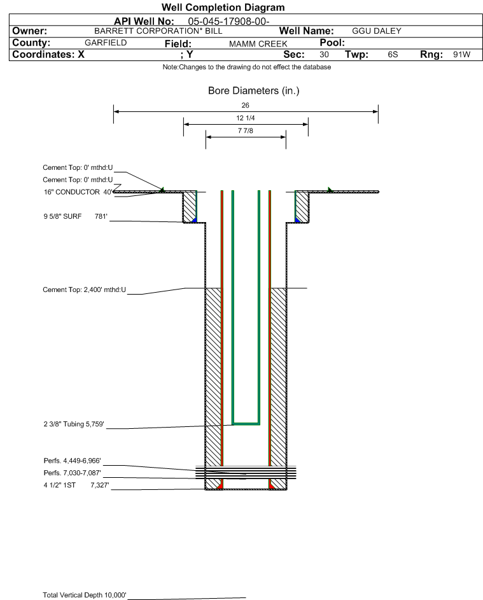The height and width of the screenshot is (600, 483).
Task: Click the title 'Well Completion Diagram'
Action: click(223, 7)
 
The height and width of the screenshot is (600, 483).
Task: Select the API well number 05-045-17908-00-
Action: click(228, 22)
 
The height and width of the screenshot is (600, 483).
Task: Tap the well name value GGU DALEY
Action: click(377, 31)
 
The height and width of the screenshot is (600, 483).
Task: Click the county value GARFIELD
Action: click(106, 43)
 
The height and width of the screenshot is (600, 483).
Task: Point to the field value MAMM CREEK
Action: click(258, 44)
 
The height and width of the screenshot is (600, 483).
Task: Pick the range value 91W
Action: click(461, 54)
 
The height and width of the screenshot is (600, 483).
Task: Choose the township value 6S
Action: click(393, 54)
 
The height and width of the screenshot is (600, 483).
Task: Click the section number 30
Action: click(324, 54)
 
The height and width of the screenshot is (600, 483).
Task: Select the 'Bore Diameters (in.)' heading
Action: click(254, 91)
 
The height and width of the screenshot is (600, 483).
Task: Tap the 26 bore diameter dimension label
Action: click(246, 105)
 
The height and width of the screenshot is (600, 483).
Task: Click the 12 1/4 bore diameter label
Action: click(246, 118)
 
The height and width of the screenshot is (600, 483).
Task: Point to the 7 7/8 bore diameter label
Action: click(246, 130)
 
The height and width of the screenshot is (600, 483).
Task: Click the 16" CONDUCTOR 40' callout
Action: click(78, 192)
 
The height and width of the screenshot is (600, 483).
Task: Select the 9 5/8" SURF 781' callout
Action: click(75, 216)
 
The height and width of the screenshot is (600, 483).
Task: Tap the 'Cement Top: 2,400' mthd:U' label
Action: click(84, 290)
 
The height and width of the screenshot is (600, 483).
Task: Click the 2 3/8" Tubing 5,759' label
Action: click(74, 424)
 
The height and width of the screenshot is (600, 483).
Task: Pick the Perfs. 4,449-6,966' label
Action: click(73, 461)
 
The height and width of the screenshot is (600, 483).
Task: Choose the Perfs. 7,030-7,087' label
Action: click(73, 473)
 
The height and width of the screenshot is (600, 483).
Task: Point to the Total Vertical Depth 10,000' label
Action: click(85, 595)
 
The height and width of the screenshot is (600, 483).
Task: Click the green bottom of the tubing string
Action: click(246, 424)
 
